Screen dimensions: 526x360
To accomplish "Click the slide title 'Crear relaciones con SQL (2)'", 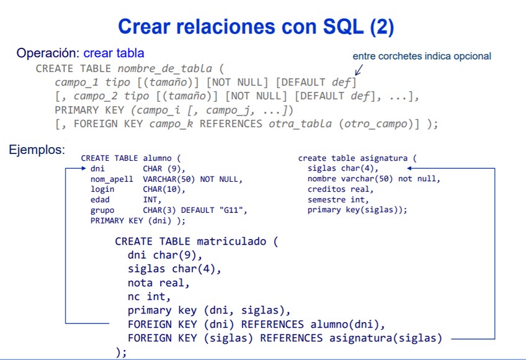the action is tap(256, 27).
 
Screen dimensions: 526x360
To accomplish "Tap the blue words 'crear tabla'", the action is tap(114, 53).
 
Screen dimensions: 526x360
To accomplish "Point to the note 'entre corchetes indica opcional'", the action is tap(422, 56).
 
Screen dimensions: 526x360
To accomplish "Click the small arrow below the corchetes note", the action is tap(359, 70).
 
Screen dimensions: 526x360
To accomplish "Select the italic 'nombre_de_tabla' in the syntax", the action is tap(164, 68).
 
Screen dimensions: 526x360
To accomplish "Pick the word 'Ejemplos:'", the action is tap(37, 150).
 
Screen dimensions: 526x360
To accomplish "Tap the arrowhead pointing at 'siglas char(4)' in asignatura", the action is tap(410, 168).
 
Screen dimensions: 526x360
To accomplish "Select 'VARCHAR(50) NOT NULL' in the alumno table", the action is tap(192, 179).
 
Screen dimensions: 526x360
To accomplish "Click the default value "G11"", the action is tap(233, 210).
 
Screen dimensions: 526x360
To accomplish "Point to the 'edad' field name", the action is tap(100, 199).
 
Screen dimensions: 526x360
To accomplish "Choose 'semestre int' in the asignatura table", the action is tap(337, 199).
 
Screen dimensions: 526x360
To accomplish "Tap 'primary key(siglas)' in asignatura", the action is tap(357, 210).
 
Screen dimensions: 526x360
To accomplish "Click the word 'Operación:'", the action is tap(48, 53).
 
